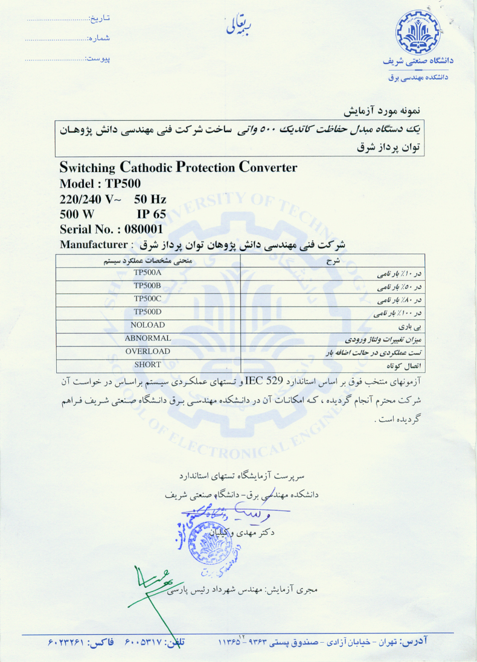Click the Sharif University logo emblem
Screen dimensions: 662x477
[x=417, y=33]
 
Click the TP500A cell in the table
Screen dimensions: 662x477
[x=148, y=272]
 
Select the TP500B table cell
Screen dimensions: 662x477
[x=148, y=285]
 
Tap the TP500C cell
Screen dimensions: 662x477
[x=148, y=299]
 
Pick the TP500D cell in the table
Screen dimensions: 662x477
[x=148, y=311]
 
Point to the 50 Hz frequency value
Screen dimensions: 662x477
[x=150, y=199]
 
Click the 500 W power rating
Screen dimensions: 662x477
[x=77, y=214]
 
